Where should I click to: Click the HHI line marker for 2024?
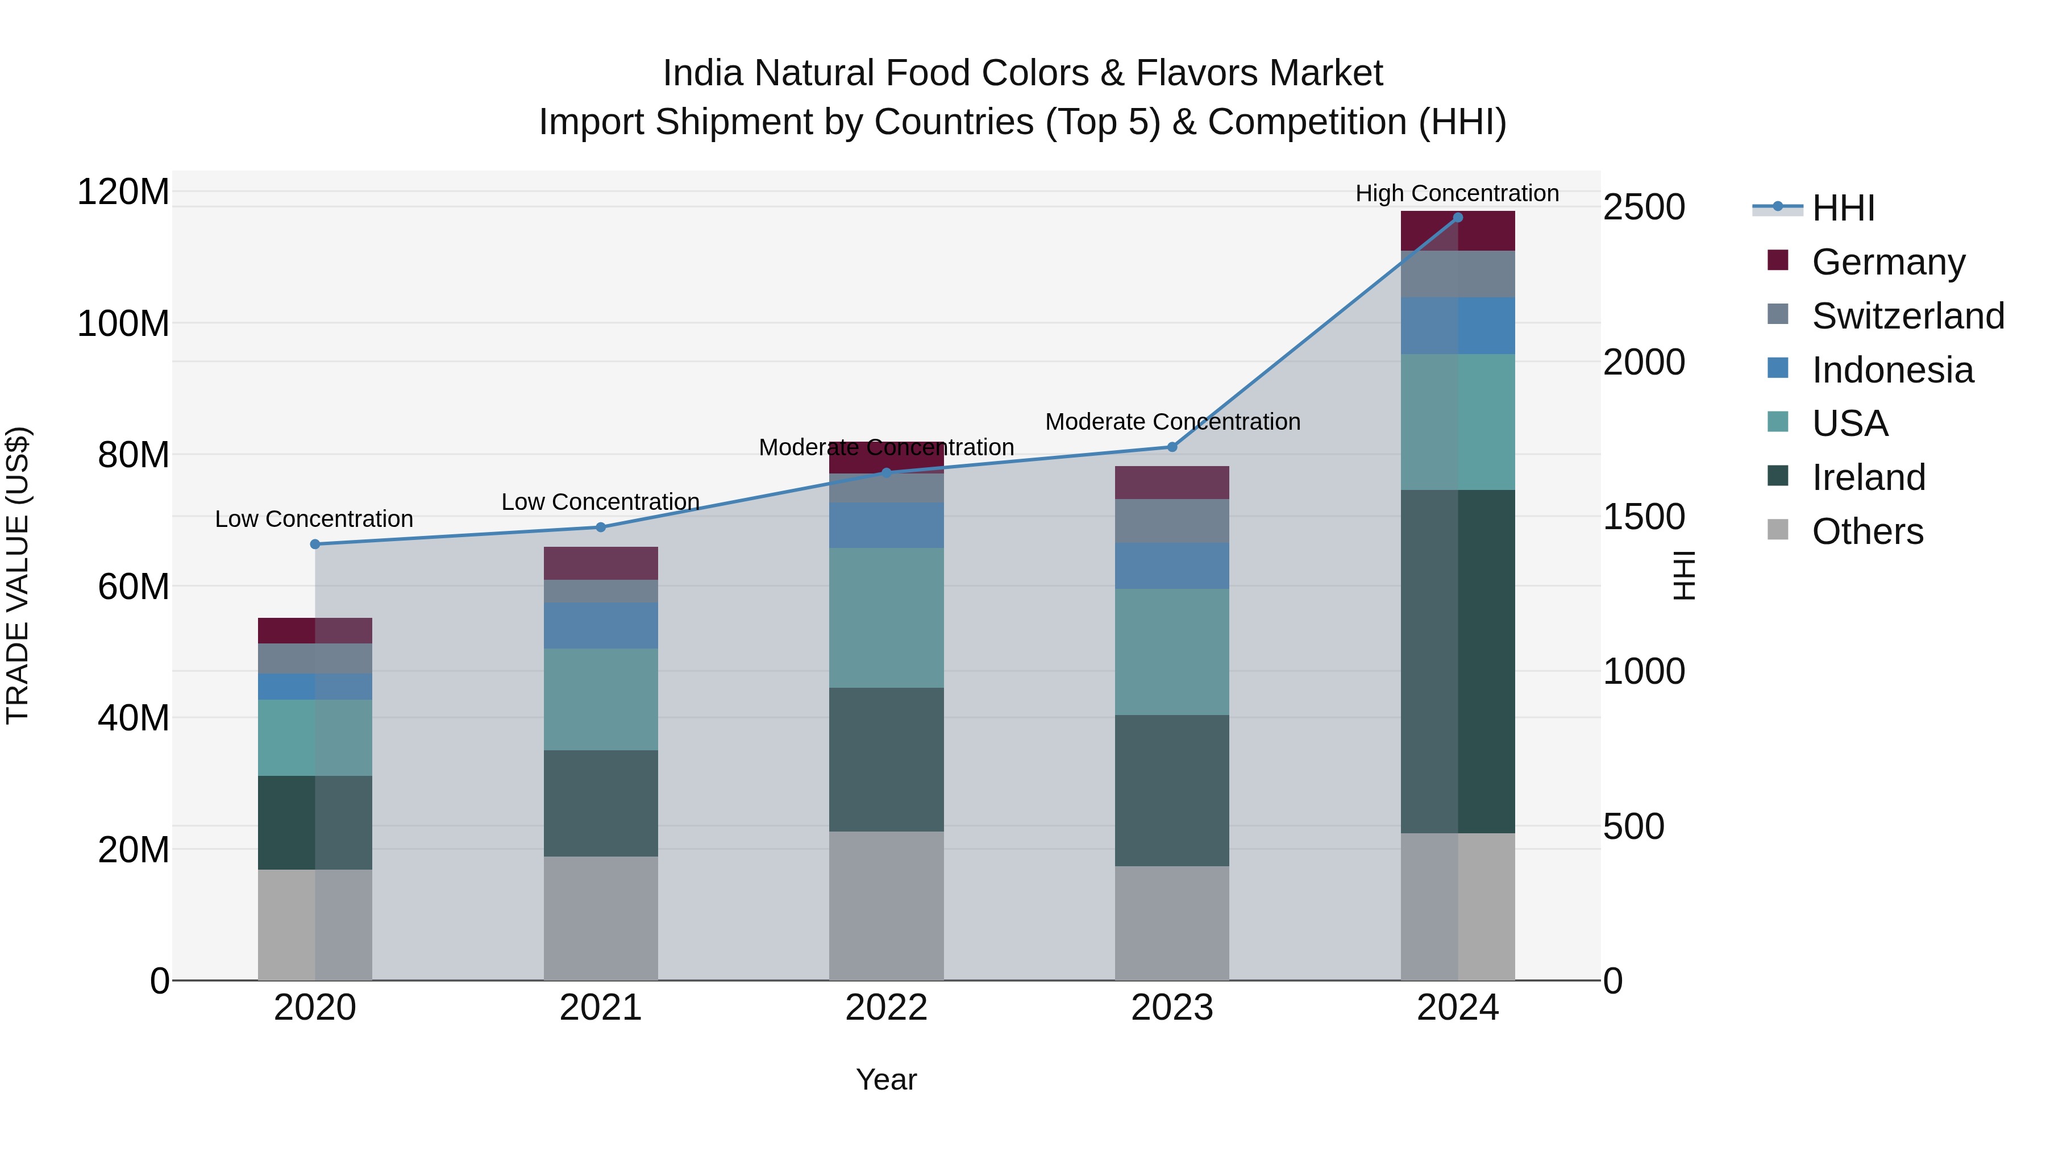(1457, 218)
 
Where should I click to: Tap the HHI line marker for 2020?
(315, 544)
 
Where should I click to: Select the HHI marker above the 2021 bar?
(601, 527)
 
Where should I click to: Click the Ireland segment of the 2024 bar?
(1457, 661)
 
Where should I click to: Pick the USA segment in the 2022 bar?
(887, 617)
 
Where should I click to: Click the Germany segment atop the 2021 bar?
(601, 563)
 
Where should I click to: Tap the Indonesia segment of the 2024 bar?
(1457, 326)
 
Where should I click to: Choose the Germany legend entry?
(1888, 261)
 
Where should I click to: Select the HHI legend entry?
(1843, 208)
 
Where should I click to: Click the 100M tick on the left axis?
(123, 323)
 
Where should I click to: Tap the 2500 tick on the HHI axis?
(1643, 207)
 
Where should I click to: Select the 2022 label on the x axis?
(887, 1007)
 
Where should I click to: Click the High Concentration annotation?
(1457, 193)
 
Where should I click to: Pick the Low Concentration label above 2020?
(314, 519)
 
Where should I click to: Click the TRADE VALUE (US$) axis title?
(18, 575)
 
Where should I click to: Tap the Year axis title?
(887, 1079)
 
